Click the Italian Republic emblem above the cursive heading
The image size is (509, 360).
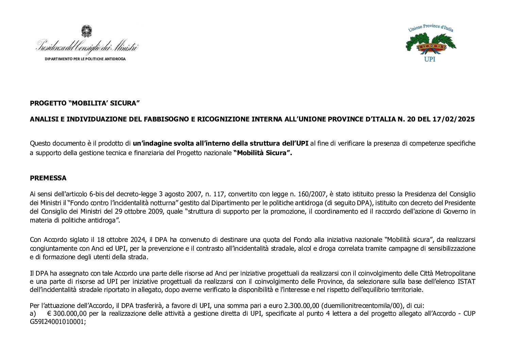[x=86, y=31]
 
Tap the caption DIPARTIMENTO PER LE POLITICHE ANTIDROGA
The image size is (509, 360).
[x=85, y=59]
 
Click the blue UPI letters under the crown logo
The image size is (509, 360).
[x=430, y=59]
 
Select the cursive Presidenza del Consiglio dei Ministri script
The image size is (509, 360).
[x=87, y=46]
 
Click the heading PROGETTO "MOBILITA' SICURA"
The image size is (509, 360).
[x=85, y=103]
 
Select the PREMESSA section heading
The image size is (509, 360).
[x=48, y=178]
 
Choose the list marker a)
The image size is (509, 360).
[x=33, y=314]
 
